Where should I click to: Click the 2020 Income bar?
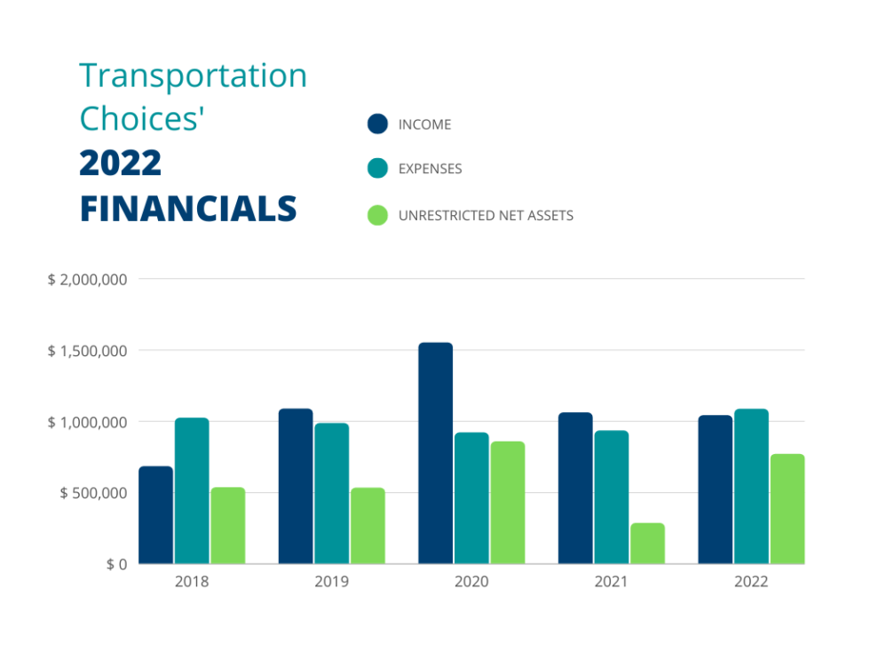click(435, 453)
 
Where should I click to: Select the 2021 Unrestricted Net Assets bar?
click(647, 544)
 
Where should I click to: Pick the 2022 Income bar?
click(715, 490)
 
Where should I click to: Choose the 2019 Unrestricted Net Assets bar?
click(368, 526)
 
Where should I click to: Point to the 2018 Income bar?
click(156, 515)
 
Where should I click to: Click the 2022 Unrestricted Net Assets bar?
click(787, 509)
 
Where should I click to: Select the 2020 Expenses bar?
click(471, 498)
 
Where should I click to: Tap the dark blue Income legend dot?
click(377, 123)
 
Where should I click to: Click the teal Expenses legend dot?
click(377, 169)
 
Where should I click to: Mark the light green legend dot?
click(377, 215)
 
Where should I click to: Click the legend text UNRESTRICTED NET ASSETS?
click(486, 215)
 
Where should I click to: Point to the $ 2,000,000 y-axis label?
click(88, 280)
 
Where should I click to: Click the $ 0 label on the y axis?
click(116, 565)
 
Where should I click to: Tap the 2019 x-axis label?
click(331, 583)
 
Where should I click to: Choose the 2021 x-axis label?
click(611, 583)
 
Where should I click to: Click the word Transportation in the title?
click(193, 76)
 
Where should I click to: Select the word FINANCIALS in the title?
click(187, 209)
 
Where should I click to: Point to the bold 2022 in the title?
click(121, 163)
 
